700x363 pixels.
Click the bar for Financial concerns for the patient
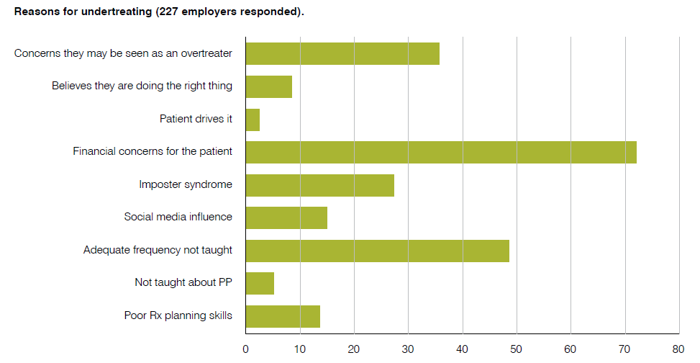[x=440, y=152]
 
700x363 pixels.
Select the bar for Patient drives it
[x=253, y=120]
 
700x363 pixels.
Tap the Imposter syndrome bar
[x=319, y=185]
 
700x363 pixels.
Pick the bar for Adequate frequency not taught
[x=377, y=251]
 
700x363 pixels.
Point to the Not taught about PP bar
[x=260, y=283]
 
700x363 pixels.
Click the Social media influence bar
[x=286, y=218]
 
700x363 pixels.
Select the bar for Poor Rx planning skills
[x=283, y=316]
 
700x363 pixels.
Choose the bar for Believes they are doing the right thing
[x=268, y=86]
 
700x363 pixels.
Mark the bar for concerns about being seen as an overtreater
[x=342, y=54]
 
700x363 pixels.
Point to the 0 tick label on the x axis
[x=245, y=349]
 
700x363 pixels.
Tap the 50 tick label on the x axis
[x=516, y=349]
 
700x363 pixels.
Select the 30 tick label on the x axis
[x=408, y=349]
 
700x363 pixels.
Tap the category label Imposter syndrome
[x=186, y=185]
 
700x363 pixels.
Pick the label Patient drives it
[x=196, y=120]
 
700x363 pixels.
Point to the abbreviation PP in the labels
[x=225, y=283]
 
